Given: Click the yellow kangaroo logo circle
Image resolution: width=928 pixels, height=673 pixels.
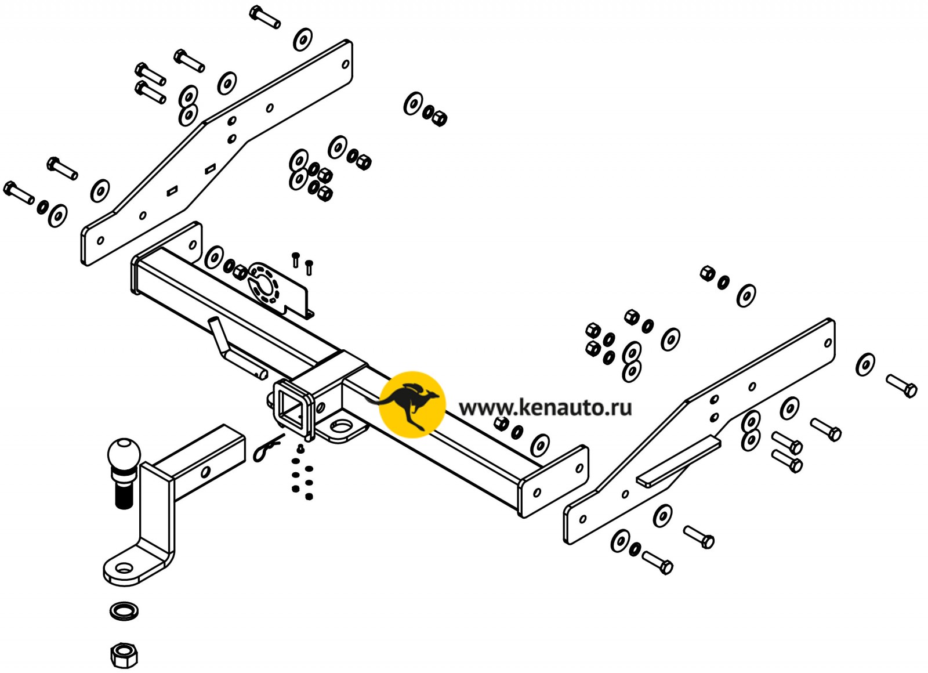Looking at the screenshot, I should click(412, 404).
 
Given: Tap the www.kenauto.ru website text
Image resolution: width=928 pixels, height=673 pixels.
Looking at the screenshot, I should click(545, 408).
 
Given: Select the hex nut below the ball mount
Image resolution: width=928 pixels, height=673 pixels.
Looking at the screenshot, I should click(124, 656).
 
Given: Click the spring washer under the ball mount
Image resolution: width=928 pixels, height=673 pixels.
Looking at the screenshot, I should click(124, 611).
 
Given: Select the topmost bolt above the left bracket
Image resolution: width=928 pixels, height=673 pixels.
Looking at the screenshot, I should click(265, 16).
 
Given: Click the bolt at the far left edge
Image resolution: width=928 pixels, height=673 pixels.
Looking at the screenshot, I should click(19, 193).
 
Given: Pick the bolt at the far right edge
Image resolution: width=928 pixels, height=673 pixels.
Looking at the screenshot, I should click(902, 386).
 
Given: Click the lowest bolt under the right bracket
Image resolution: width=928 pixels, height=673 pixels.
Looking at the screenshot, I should click(658, 562).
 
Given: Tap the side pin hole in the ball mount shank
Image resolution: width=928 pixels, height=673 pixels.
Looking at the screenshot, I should click(205, 472).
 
